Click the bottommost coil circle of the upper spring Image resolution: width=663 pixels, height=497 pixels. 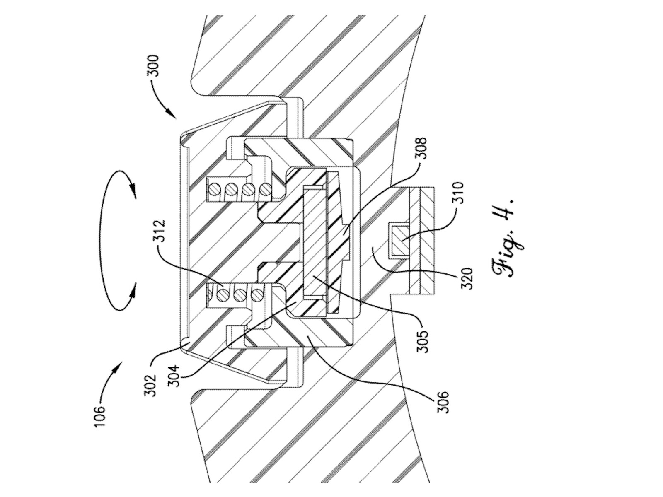tap(264, 190)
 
